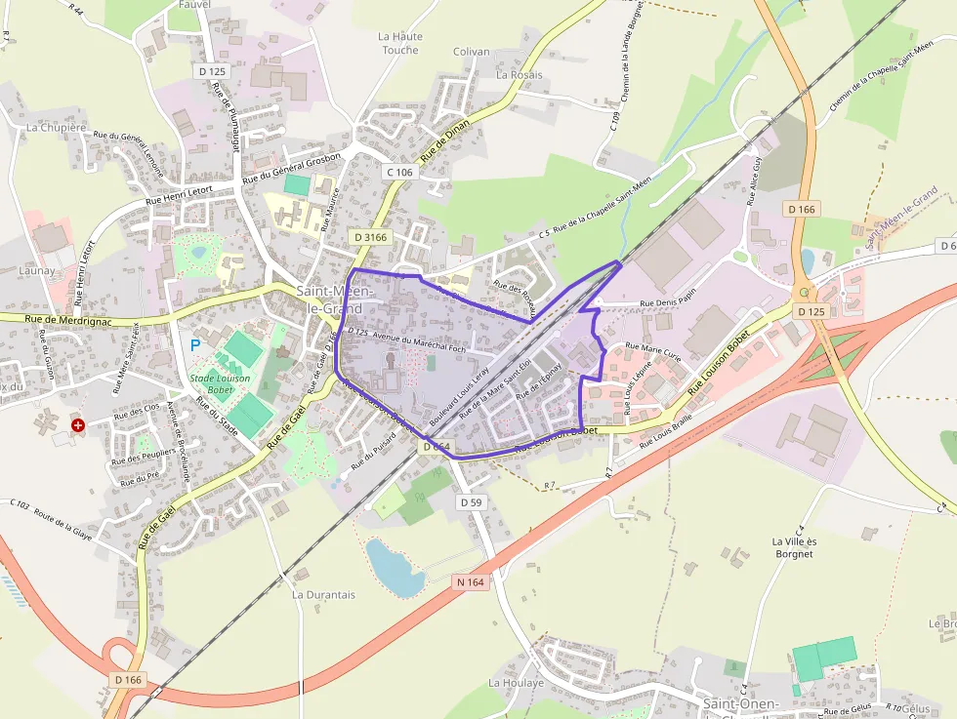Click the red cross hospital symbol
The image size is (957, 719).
(78, 425)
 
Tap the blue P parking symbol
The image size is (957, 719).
(194, 345)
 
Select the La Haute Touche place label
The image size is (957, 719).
(400, 43)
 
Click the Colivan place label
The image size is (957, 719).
(472, 52)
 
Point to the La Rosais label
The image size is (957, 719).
(519, 74)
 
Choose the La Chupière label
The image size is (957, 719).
(57, 127)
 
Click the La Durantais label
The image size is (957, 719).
(323, 594)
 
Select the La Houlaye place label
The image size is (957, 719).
(517, 683)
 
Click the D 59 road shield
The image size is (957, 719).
(471, 501)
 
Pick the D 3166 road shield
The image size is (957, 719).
(371, 237)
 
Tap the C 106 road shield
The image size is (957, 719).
(399, 172)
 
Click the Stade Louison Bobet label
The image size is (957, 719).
(220, 384)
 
